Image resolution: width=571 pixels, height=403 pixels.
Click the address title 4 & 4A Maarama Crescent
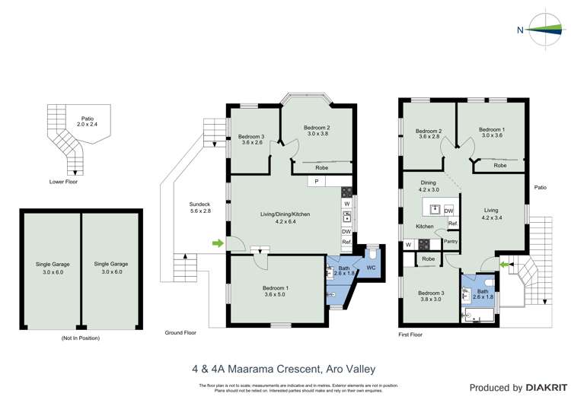point(283,370)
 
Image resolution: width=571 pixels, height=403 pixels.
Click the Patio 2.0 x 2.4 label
point(88,121)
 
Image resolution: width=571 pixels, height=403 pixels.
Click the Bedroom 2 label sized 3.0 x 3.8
point(316,130)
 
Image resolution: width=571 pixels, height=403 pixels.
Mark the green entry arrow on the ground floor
point(219,243)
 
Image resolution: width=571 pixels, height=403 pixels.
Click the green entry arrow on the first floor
point(504,264)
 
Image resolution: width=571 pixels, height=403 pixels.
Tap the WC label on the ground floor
point(371,267)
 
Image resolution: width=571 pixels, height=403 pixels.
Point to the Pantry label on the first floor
point(450,241)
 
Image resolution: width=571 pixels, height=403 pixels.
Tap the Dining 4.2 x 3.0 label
point(429,186)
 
